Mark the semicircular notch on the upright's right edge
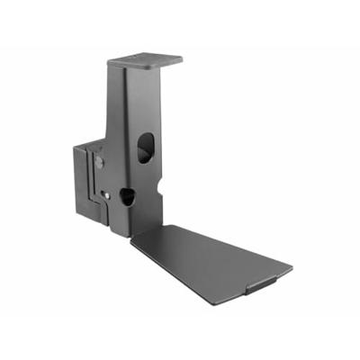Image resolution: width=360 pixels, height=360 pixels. click(x=159, y=186)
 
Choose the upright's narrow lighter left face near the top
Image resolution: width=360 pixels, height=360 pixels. click(x=115, y=99)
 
